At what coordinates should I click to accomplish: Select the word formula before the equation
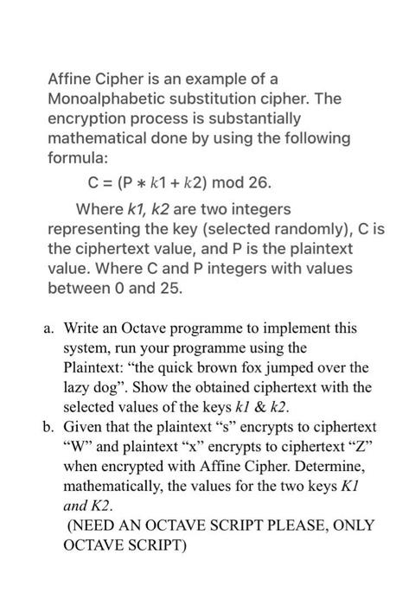pyautogui.click(x=76, y=161)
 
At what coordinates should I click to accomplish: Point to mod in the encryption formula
pyautogui.click(x=227, y=183)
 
